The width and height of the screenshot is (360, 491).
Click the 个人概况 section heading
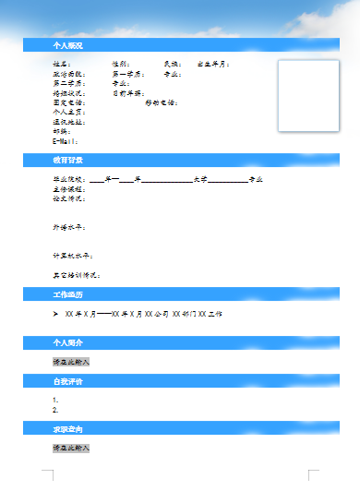[67, 44]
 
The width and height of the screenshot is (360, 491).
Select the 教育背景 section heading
[67, 161]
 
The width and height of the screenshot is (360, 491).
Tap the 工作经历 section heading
[67, 294]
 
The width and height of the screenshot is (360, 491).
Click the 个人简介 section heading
[67, 342]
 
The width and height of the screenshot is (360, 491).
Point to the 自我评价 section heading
[67, 380]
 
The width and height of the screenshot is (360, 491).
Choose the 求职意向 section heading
[67, 429]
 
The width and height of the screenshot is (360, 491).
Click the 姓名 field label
[61, 64]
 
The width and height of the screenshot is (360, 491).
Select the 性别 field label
[121, 64]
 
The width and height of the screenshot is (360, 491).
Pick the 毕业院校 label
[68, 179]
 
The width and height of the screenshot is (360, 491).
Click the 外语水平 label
[68, 226]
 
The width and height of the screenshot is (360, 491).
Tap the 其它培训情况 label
[76, 275]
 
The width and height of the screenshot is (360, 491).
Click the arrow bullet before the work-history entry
[56, 314]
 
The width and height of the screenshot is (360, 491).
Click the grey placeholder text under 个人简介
[71, 362]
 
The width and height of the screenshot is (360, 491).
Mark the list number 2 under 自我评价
[55, 410]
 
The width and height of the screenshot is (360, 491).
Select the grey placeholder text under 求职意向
[71, 448]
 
